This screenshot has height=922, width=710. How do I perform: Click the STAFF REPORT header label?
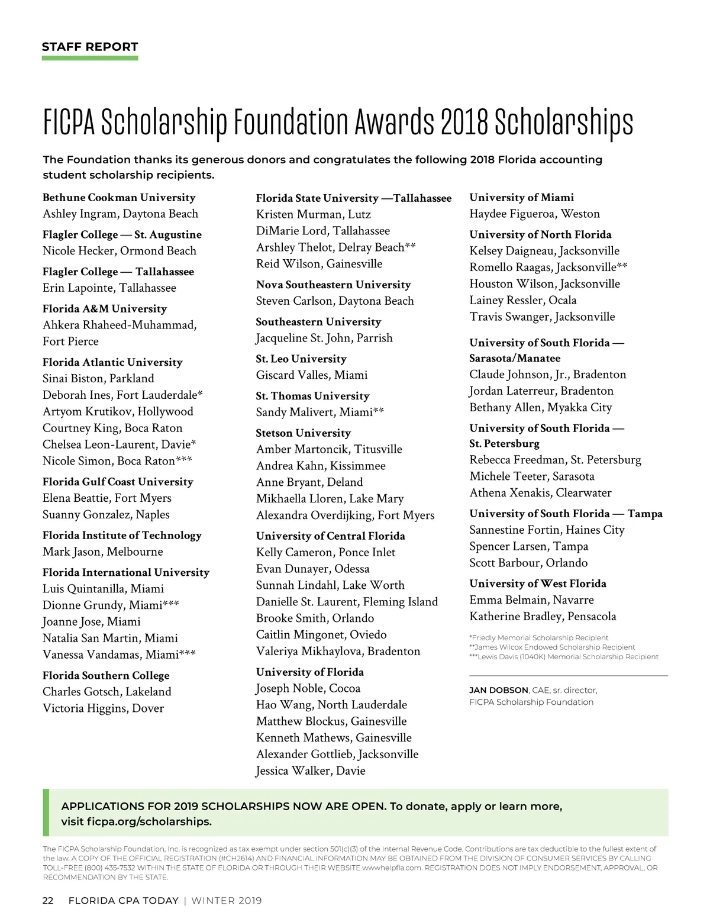90,47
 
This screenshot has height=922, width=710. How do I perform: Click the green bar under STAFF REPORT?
90,58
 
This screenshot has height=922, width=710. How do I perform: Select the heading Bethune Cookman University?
119,198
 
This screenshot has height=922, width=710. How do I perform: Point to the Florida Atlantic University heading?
112,362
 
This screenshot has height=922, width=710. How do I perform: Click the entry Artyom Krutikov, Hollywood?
118,411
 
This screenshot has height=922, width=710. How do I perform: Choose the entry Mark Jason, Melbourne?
102,552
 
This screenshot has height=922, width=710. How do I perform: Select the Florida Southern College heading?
106,675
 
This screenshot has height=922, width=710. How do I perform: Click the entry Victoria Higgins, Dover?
103,708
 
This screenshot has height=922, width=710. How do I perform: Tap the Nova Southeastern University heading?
333,285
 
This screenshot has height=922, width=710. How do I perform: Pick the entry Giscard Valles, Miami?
312,375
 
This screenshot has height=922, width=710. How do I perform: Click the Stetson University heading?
303,433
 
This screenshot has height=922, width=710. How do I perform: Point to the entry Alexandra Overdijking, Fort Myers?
345,515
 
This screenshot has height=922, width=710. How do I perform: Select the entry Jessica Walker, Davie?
311,771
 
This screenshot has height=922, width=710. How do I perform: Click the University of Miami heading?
521,198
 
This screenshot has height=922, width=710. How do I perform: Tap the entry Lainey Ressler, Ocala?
522,300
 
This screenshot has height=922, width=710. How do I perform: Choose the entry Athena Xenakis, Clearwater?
540,493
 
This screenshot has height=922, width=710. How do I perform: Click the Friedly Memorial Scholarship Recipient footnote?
539,638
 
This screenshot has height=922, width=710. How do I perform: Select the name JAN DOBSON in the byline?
498,690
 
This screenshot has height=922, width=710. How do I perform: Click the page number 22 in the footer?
48,901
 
